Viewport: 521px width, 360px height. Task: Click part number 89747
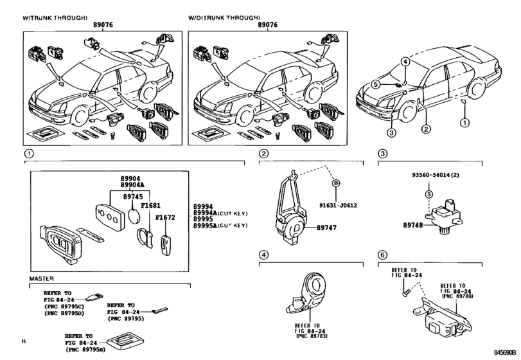(x=326, y=228)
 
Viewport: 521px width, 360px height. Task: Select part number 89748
(x=413, y=225)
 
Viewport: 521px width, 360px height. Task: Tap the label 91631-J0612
(x=339, y=206)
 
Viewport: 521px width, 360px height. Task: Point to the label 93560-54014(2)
(x=436, y=175)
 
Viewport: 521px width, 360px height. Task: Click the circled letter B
(x=336, y=183)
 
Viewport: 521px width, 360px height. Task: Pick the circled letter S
(x=429, y=194)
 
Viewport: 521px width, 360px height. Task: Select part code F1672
(x=165, y=217)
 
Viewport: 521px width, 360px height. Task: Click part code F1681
(x=150, y=206)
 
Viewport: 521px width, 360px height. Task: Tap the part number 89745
(x=133, y=197)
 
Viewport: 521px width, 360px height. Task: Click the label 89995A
(x=205, y=226)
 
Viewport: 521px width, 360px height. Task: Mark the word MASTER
(x=41, y=278)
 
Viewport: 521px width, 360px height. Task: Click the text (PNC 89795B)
(x=85, y=349)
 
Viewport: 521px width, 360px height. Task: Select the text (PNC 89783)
(x=312, y=336)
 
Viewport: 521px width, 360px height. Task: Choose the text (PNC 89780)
(x=457, y=296)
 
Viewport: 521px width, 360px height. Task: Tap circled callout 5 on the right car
(x=375, y=84)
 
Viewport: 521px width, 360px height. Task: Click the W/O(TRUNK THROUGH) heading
(x=224, y=17)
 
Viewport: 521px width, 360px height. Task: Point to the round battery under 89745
(x=134, y=216)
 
